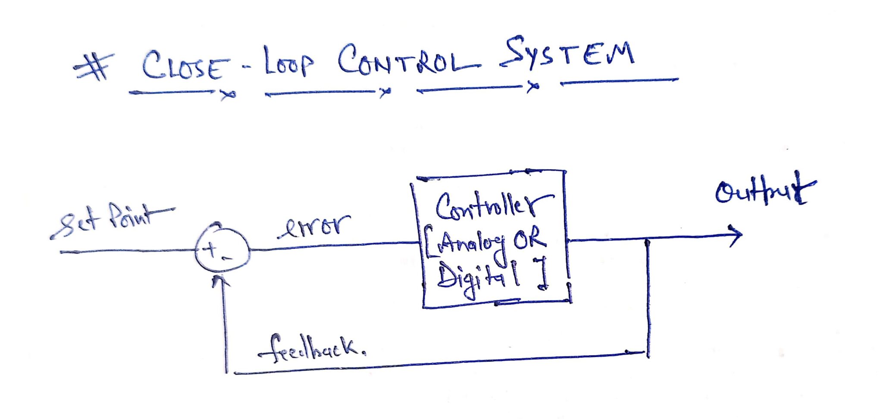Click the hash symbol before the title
94,67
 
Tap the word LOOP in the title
288,63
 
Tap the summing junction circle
222,250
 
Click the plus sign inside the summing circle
211,249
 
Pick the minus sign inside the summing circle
228,258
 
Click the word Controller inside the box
492,206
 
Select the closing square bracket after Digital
542,273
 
